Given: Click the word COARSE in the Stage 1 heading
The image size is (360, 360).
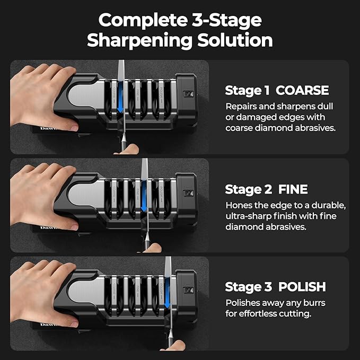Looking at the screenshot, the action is [x=302, y=90].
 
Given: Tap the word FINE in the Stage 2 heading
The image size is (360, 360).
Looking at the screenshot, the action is [x=293, y=189].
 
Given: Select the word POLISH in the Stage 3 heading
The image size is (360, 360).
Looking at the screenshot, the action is [x=302, y=287].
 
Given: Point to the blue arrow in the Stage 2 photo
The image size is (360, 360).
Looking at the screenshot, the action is [x=144, y=197].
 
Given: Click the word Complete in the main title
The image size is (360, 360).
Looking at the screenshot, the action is [x=143, y=20].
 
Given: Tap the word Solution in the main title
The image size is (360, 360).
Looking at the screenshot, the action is [x=235, y=40].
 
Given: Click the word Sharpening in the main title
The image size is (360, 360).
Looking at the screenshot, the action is [x=139, y=41].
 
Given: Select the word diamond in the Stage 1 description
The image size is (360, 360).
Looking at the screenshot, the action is [x=274, y=128].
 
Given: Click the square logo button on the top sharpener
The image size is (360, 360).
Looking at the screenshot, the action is [x=188, y=94].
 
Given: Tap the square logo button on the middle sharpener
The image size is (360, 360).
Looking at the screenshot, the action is [x=188, y=193].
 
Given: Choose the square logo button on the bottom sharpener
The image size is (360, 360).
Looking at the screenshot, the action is [x=188, y=290].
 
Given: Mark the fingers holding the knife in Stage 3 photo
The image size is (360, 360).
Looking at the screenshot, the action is [x=173, y=346].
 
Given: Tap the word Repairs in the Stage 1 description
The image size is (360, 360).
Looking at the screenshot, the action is [x=240, y=107].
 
